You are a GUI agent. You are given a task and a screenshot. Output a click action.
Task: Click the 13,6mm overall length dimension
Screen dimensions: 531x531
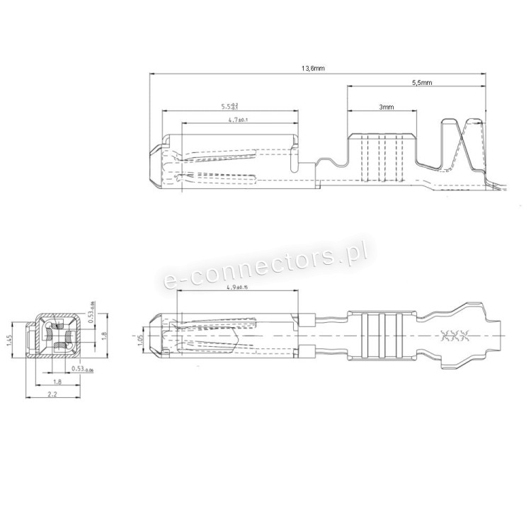(312, 69)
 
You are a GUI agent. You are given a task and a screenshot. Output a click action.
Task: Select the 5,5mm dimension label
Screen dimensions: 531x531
(422, 83)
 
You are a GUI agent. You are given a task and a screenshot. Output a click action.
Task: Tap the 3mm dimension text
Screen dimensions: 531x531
(386, 107)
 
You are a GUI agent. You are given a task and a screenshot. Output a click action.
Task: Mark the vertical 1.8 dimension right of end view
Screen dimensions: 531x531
(103, 336)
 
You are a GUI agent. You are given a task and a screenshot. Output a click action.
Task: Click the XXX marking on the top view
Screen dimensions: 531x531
(450, 335)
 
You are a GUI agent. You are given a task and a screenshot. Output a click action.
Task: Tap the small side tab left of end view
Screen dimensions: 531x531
(30, 343)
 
